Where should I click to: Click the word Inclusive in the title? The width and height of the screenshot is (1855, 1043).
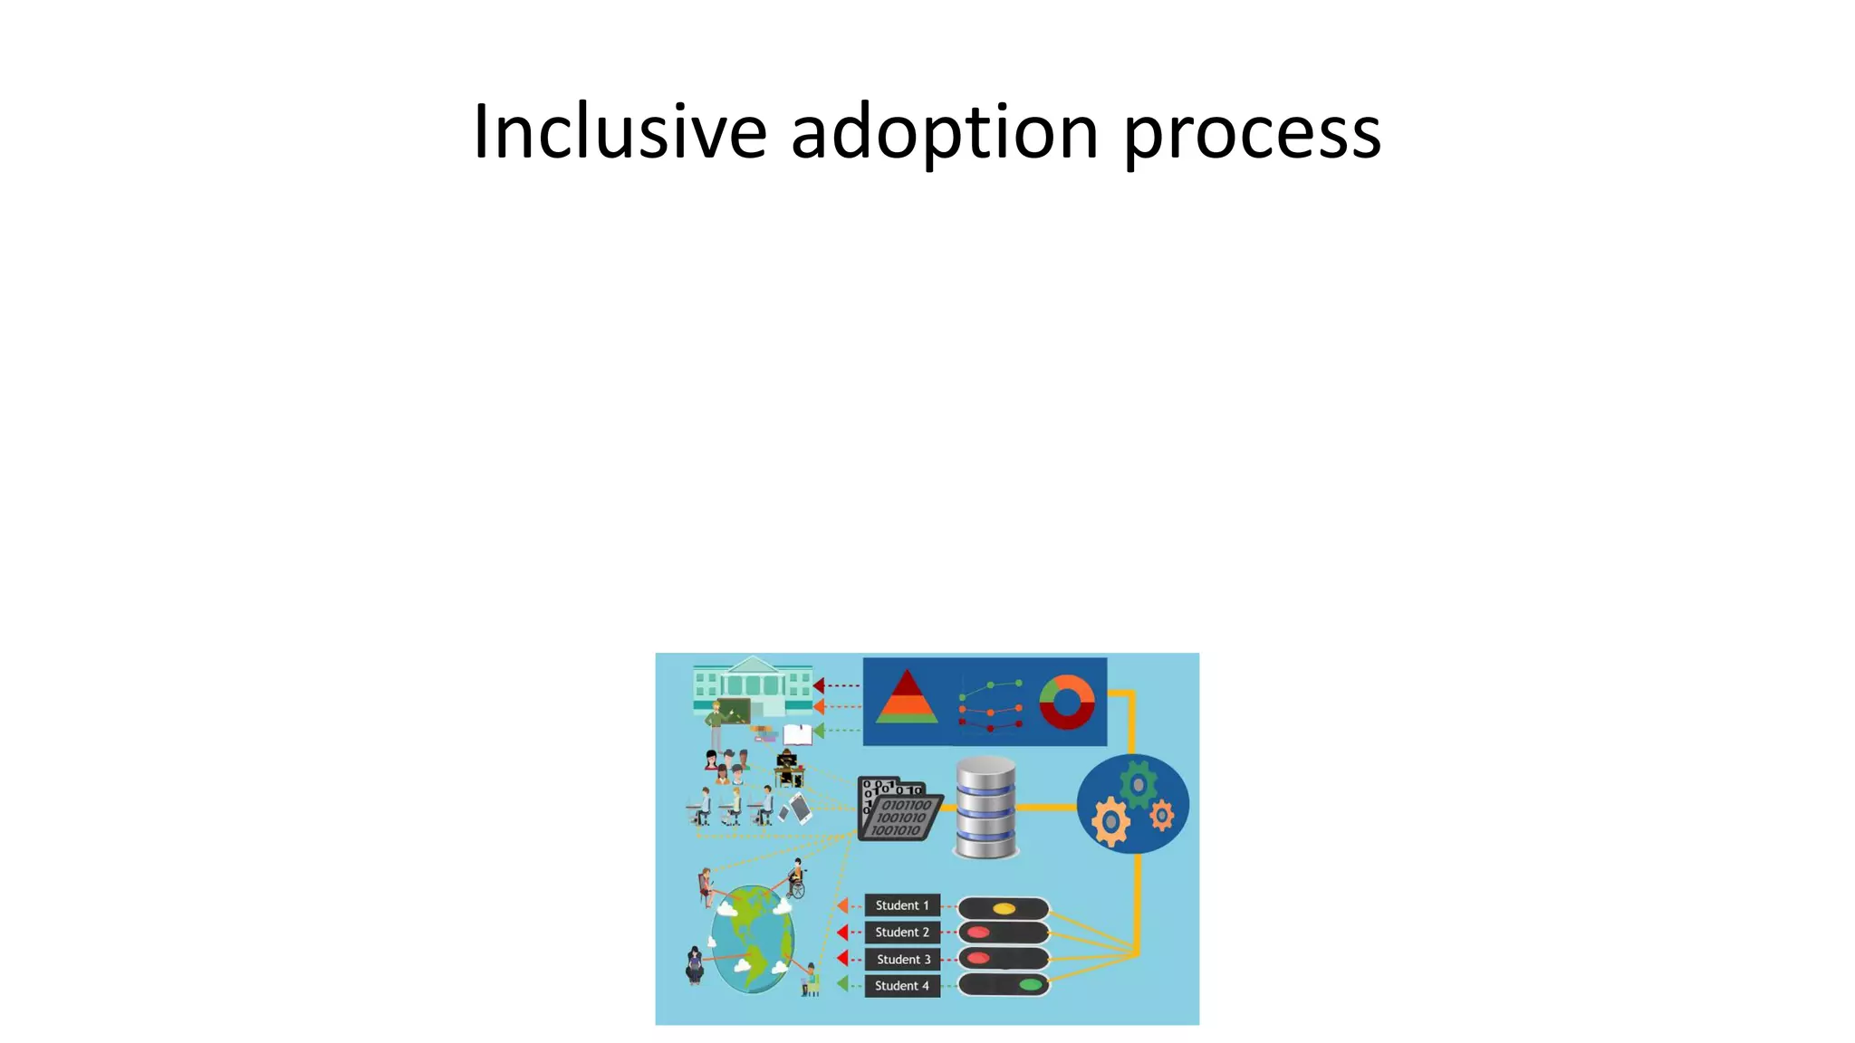pos(620,132)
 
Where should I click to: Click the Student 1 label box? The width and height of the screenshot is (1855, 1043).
pos(901,905)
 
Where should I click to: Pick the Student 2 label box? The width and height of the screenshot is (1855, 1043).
pos(901,932)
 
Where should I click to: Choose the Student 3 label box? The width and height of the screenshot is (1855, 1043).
pos(902,959)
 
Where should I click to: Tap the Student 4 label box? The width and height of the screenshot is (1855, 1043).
pos(901,985)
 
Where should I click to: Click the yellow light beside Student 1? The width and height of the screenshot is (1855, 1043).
pos(1004,908)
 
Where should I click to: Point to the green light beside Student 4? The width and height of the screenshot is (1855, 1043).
pos(1030,984)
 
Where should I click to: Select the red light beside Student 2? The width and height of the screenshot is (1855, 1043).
pos(978,933)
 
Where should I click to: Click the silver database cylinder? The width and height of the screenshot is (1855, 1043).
pos(985,808)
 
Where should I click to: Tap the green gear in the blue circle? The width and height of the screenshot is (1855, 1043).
pos(1138,784)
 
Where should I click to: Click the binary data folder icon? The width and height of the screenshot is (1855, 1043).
pos(899,810)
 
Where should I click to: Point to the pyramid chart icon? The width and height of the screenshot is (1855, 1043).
pos(906,698)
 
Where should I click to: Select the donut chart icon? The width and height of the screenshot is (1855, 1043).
pos(1066,702)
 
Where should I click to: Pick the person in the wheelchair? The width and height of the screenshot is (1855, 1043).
pos(796,879)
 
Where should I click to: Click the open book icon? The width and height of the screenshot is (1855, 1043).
pos(797,733)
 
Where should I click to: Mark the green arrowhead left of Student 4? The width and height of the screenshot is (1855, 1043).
pos(842,984)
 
